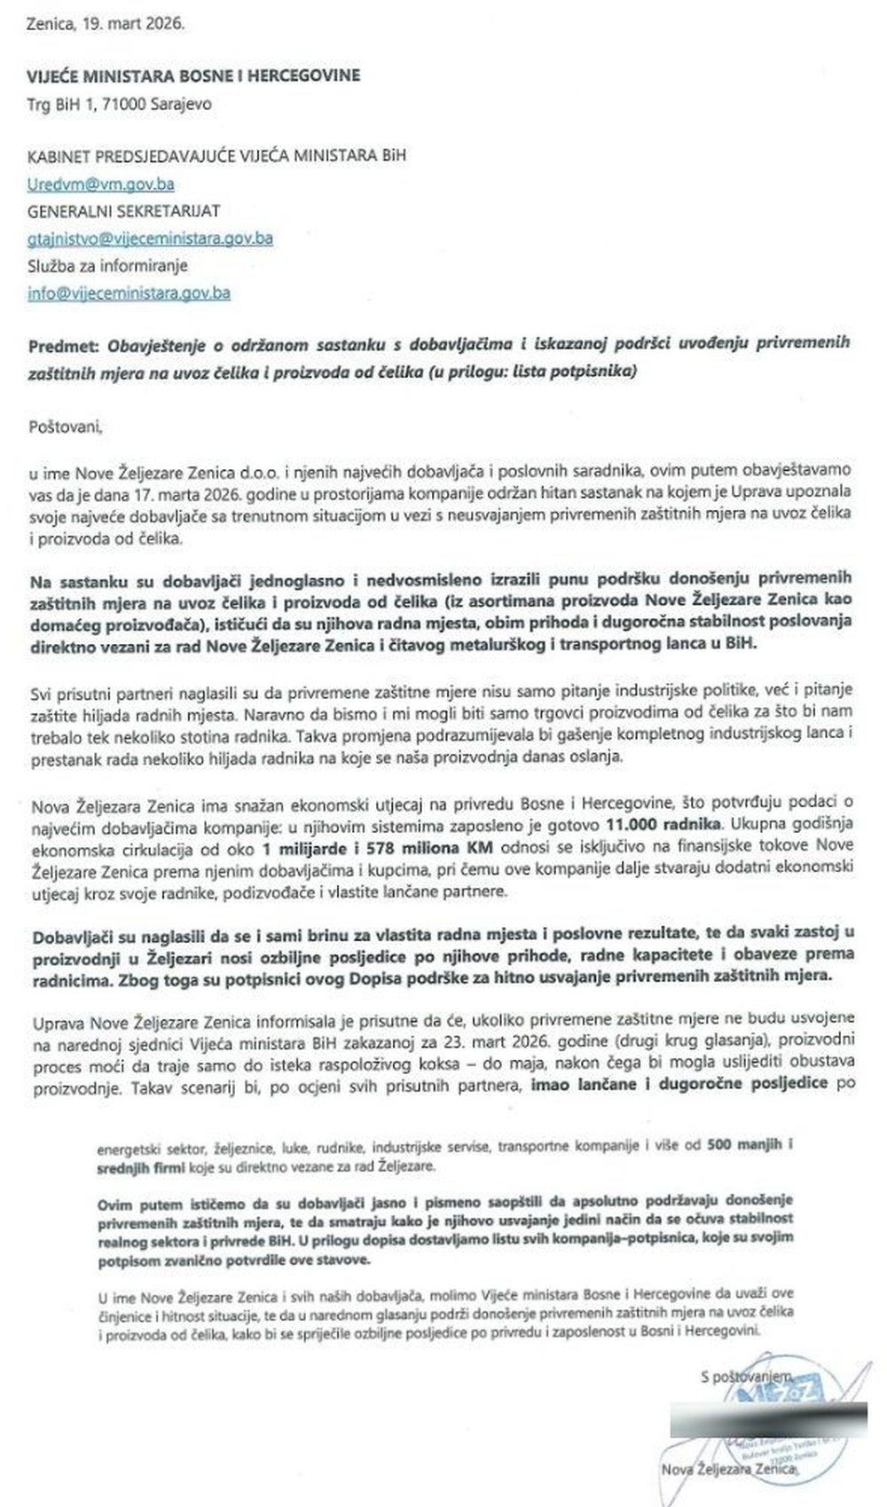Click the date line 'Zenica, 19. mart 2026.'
(x=106, y=24)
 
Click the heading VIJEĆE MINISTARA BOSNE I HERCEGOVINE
(x=194, y=76)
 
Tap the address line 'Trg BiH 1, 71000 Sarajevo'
(x=120, y=104)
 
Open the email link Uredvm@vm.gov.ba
(x=100, y=184)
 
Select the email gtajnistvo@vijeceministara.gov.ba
(x=150, y=239)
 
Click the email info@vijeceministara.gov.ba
(x=129, y=292)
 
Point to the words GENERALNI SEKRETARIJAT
(x=123, y=211)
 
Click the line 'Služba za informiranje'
(x=108, y=265)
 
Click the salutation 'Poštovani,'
(x=66, y=426)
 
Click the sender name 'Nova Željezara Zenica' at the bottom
(x=730, y=1472)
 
